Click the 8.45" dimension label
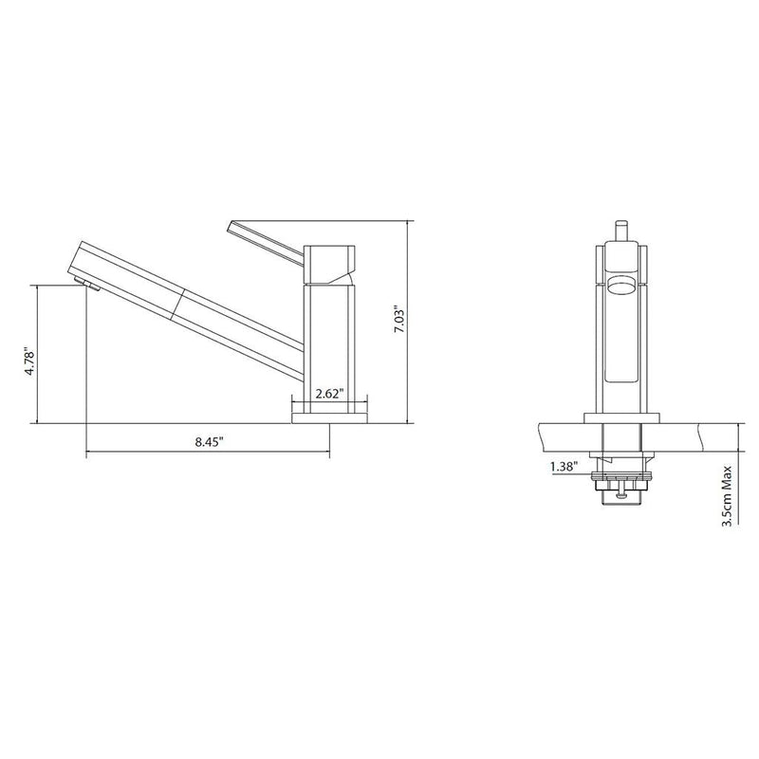pos(209,441)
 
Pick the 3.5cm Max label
pos(726,494)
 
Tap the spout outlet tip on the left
pos(82,284)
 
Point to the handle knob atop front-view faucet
pos(621,231)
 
